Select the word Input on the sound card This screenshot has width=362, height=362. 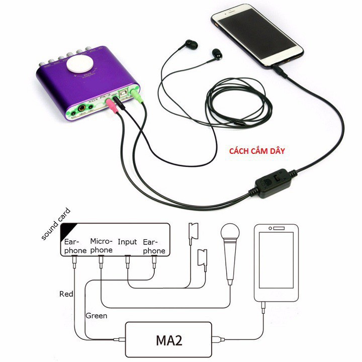coord(127,242)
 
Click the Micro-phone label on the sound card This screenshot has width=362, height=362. coord(101,245)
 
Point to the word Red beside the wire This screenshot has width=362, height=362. coord(66,294)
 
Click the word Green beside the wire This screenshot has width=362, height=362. coord(96,316)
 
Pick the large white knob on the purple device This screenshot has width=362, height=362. coord(80,65)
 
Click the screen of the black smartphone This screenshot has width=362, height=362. coord(256,35)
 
